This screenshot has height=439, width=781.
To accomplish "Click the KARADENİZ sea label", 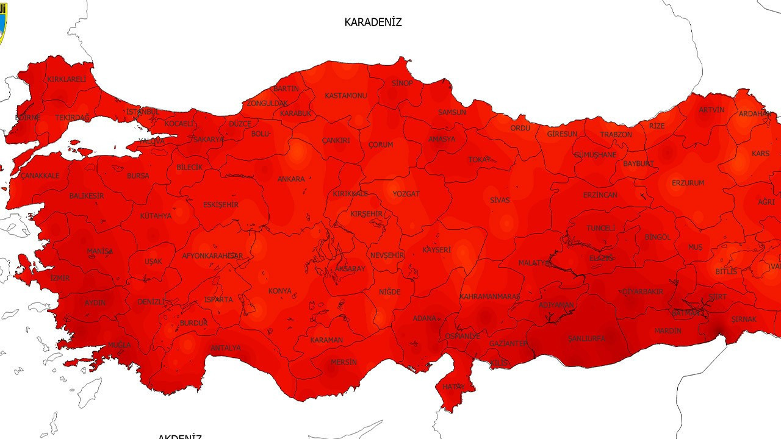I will (373, 23).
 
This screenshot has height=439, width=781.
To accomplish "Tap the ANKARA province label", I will (291, 179).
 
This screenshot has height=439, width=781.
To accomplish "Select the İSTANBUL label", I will (143, 112).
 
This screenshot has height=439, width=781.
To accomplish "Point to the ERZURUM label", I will (688, 183).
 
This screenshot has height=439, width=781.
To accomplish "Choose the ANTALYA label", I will (225, 348).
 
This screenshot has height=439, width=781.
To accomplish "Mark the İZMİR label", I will (60, 278).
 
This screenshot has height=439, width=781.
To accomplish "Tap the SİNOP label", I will (402, 83).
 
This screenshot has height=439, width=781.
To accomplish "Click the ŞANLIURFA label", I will (586, 338).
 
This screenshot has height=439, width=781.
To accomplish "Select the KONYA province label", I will (280, 291).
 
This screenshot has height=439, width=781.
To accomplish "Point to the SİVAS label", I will (499, 200).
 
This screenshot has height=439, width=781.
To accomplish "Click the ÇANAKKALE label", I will (40, 176).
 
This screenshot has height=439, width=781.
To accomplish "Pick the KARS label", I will (760, 154).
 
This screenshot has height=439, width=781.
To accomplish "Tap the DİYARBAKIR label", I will (642, 292).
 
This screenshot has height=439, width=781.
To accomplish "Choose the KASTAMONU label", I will (345, 96).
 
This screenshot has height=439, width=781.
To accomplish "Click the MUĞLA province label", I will (119, 345).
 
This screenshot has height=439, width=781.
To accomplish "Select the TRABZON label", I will (616, 135).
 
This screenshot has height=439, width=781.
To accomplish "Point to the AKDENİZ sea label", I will (179, 435).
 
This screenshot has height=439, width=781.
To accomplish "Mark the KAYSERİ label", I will (436, 250).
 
